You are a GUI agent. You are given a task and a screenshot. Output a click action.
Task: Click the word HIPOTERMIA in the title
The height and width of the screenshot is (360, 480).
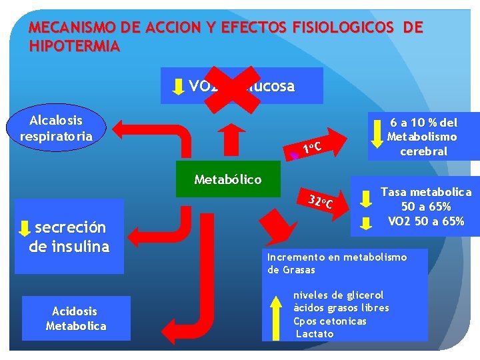point(75,46)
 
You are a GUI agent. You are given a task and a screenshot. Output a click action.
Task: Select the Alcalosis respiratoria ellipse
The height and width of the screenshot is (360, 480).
point(57,128)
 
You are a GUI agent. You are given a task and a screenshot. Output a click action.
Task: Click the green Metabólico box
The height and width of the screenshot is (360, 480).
point(228,179)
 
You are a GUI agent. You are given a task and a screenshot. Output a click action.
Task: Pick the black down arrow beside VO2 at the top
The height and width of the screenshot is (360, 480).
point(179,86)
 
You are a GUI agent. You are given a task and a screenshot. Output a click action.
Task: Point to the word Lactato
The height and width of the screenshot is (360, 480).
point(315,333)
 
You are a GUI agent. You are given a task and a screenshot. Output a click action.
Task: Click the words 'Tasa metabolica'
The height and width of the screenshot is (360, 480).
point(426,192)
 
